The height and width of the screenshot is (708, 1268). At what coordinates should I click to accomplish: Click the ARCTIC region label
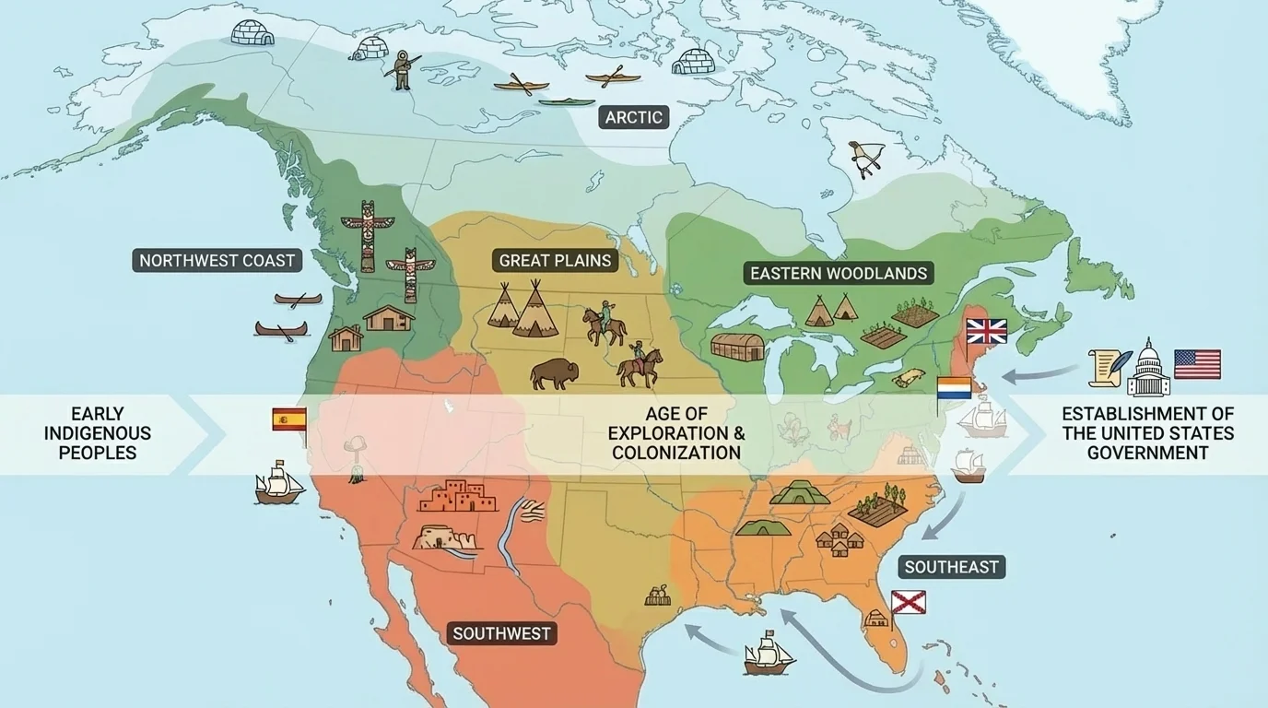point(633,117)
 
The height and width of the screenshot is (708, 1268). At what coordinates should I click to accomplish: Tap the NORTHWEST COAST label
point(217,261)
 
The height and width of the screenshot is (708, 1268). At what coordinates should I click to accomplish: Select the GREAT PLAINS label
point(555,261)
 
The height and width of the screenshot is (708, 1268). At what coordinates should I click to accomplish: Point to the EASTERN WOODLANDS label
point(839,274)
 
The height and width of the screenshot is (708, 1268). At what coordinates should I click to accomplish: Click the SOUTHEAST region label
point(951,567)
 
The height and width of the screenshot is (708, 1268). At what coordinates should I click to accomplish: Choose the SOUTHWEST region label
point(501,633)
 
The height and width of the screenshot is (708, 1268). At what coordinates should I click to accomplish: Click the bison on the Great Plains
point(555,373)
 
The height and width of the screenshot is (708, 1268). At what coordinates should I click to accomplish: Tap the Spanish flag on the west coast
point(288,419)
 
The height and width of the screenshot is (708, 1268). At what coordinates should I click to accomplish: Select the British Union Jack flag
point(986,331)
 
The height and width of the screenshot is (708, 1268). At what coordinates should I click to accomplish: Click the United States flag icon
point(1197,364)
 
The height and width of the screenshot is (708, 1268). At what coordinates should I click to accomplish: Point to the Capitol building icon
point(1148,367)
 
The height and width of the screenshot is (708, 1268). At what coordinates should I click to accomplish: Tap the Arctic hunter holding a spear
point(402,70)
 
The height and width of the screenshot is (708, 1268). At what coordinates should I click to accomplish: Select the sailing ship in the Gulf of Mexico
point(769,652)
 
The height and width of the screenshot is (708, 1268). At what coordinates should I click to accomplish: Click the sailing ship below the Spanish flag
point(279,484)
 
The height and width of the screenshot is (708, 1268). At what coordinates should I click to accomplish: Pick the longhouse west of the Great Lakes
point(737,347)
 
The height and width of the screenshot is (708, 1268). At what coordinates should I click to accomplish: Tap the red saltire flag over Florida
point(908,603)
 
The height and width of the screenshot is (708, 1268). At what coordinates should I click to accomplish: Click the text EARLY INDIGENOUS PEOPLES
point(98,433)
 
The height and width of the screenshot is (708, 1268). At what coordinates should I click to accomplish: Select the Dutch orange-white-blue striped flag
point(954,388)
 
